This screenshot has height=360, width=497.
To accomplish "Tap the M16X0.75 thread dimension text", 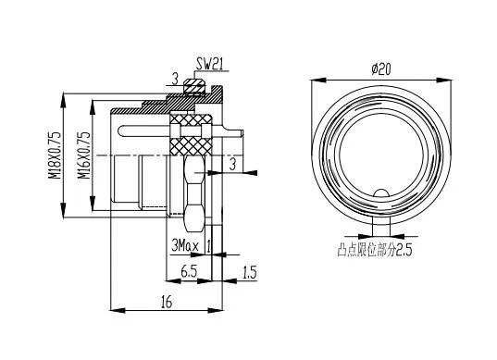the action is (84, 155).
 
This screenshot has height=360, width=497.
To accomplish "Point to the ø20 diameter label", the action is (381, 69).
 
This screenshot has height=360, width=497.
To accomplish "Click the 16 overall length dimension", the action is (166, 302).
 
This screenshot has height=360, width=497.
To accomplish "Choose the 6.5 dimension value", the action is (189, 271).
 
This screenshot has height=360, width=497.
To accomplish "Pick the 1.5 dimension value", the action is (250, 272).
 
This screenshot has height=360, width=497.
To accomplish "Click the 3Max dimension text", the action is (185, 245).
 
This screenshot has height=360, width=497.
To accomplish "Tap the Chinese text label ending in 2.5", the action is (375, 250).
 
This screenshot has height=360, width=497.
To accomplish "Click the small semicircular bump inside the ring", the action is (381, 193).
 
